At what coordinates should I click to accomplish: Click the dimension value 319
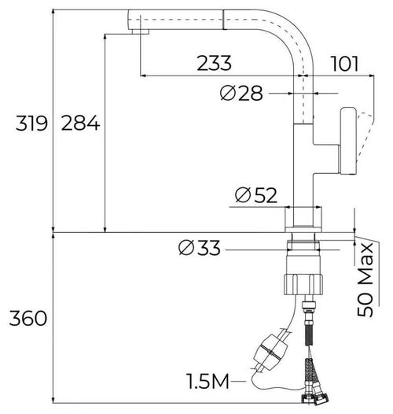pyautogui.click(x=27, y=123)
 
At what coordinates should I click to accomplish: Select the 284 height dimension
pyautogui.click(x=78, y=123)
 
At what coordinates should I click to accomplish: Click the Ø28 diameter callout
pyautogui.click(x=241, y=93)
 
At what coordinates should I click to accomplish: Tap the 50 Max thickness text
pyautogui.click(x=367, y=279)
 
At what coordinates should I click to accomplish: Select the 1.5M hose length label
pyautogui.click(x=208, y=383)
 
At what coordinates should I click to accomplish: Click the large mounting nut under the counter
pyautogui.click(x=302, y=276)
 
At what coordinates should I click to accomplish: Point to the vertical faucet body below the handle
pyautogui.click(x=303, y=177)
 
